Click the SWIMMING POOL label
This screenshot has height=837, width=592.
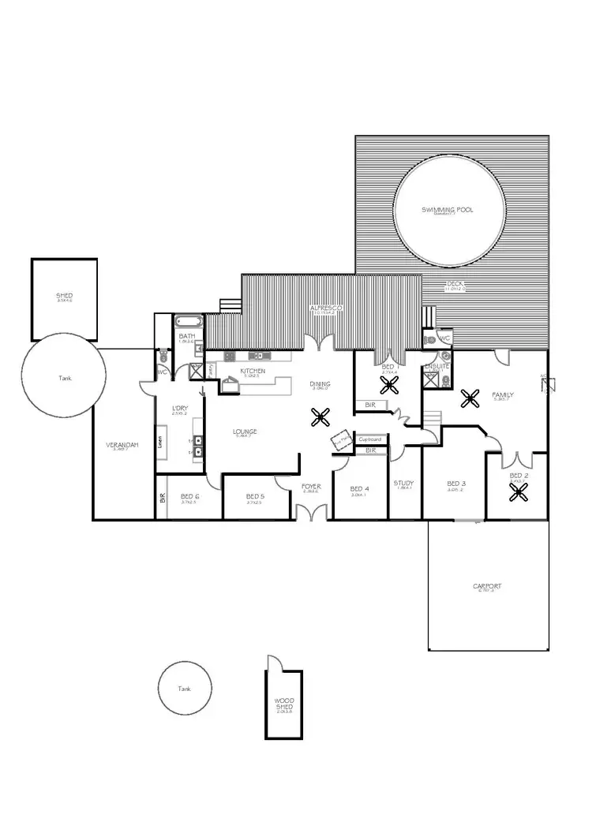448,210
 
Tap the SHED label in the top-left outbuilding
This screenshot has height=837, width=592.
65,296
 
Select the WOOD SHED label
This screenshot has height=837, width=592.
284,704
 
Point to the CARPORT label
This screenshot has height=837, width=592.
487,586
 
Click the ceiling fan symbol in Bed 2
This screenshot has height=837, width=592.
518,492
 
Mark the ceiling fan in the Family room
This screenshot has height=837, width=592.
470,398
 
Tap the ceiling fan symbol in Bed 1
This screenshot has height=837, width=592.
389,384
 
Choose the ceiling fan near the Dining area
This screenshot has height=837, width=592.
320,417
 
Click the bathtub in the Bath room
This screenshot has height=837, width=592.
189,322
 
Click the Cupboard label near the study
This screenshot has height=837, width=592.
370,439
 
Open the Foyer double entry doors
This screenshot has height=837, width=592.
310,511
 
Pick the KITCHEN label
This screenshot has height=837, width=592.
253,371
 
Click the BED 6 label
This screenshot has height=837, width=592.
189,496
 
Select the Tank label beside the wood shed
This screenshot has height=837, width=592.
185,689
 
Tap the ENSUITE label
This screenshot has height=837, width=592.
437,366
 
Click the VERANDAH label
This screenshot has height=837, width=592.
122,445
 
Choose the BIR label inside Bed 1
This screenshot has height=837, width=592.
369,405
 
